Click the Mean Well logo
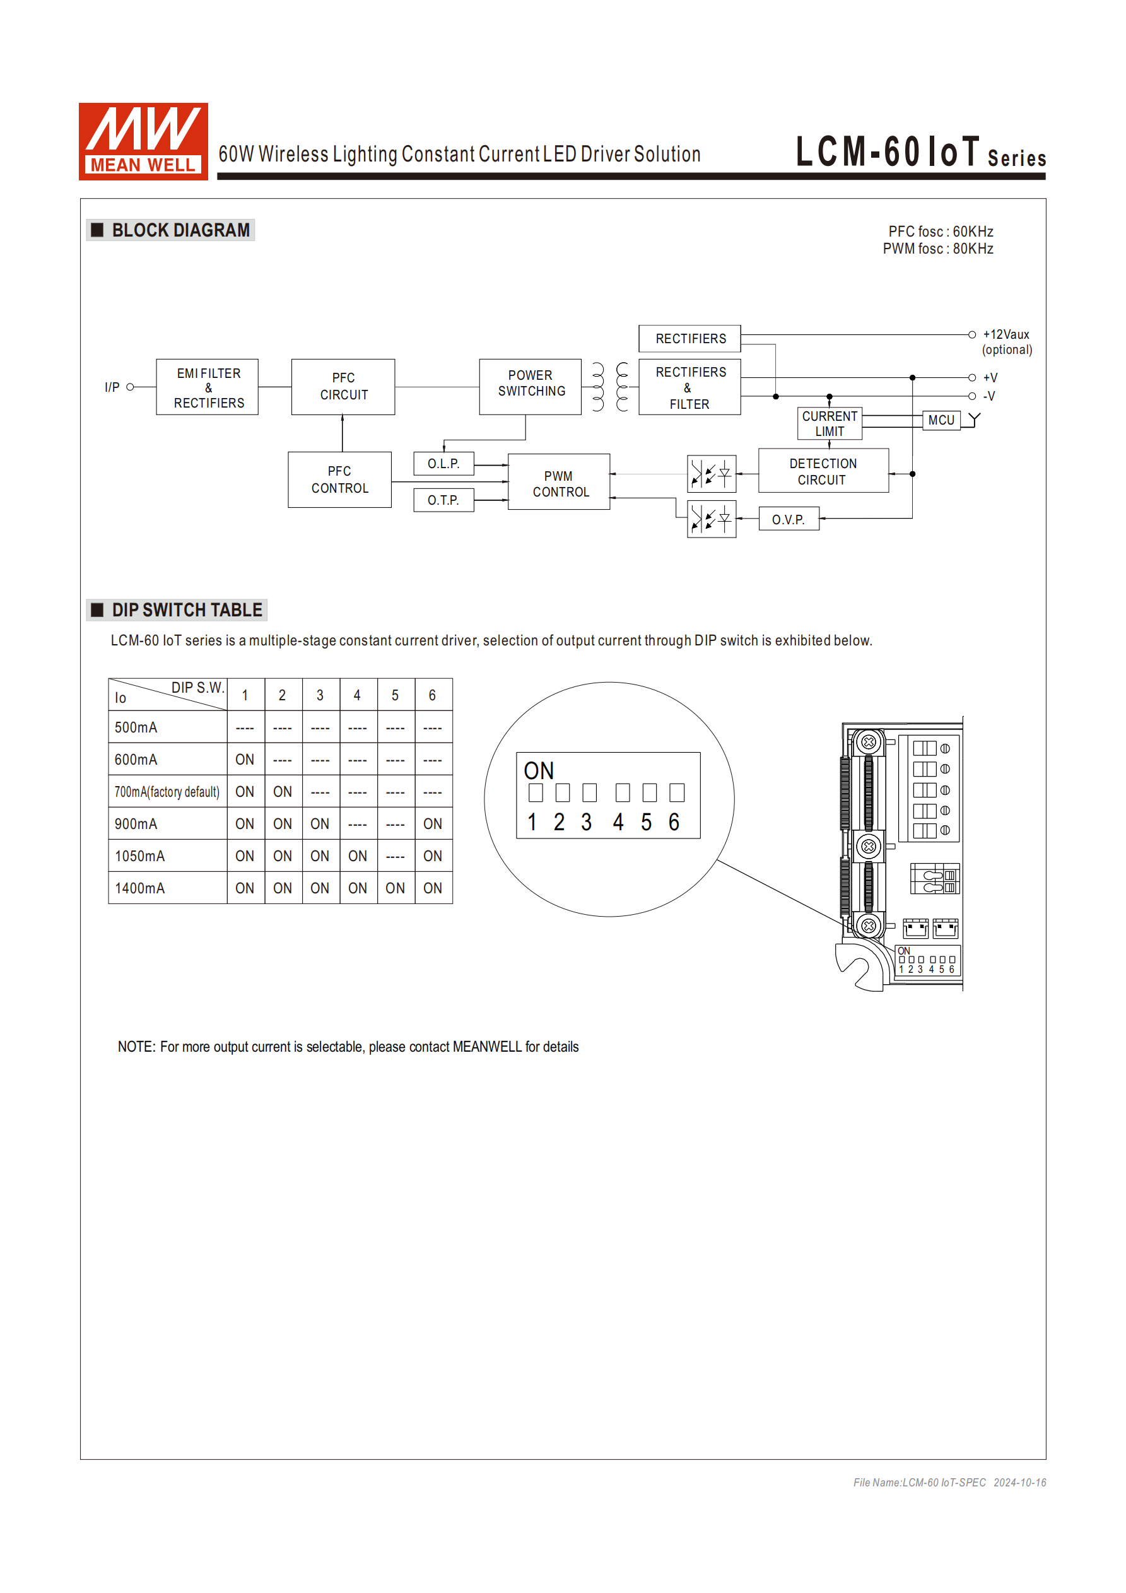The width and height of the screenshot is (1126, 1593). pyautogui.click(x=143, y=141)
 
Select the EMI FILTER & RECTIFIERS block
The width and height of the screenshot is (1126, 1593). pyautogui.click(x=208, y=387)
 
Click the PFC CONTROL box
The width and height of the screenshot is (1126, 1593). pyautogui.click(x=339, y=479)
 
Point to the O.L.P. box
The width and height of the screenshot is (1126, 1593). pyautogui.click(x=443, y=464)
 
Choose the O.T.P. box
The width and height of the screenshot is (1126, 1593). pyautogui.click(x=443, y=500)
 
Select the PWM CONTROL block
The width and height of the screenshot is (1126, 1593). pyautogui.click(x=559, y=483)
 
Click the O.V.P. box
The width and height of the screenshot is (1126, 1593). pyautogui.click(x=789, y=519)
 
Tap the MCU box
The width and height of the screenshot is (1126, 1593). pyautogui.click(x=941, y=420)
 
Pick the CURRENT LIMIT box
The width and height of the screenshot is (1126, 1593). pyautogui.click(x=830, y=423)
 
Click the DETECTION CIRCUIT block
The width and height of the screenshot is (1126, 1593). pyautogui.click(x=823, y=471)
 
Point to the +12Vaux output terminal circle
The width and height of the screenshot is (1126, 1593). pyautogui.click(x=972, y=334)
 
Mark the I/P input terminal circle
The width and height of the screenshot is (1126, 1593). pyautogui.click(x=130, y=387)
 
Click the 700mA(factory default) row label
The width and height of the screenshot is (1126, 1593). pyautogui.click(x=167, y=792)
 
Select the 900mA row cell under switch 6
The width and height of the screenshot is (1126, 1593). pyautogui.click(x=433, y=823)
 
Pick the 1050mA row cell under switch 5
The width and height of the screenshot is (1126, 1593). pyautogui.click(x=396, y=856)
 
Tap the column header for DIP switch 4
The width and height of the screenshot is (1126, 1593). pyautogui.click(x=357, y=695)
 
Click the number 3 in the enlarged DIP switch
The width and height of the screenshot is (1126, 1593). pyautogui.click(x=587, y=822)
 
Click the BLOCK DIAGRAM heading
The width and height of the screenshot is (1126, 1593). pyautogui.click(x=180, y=230)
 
